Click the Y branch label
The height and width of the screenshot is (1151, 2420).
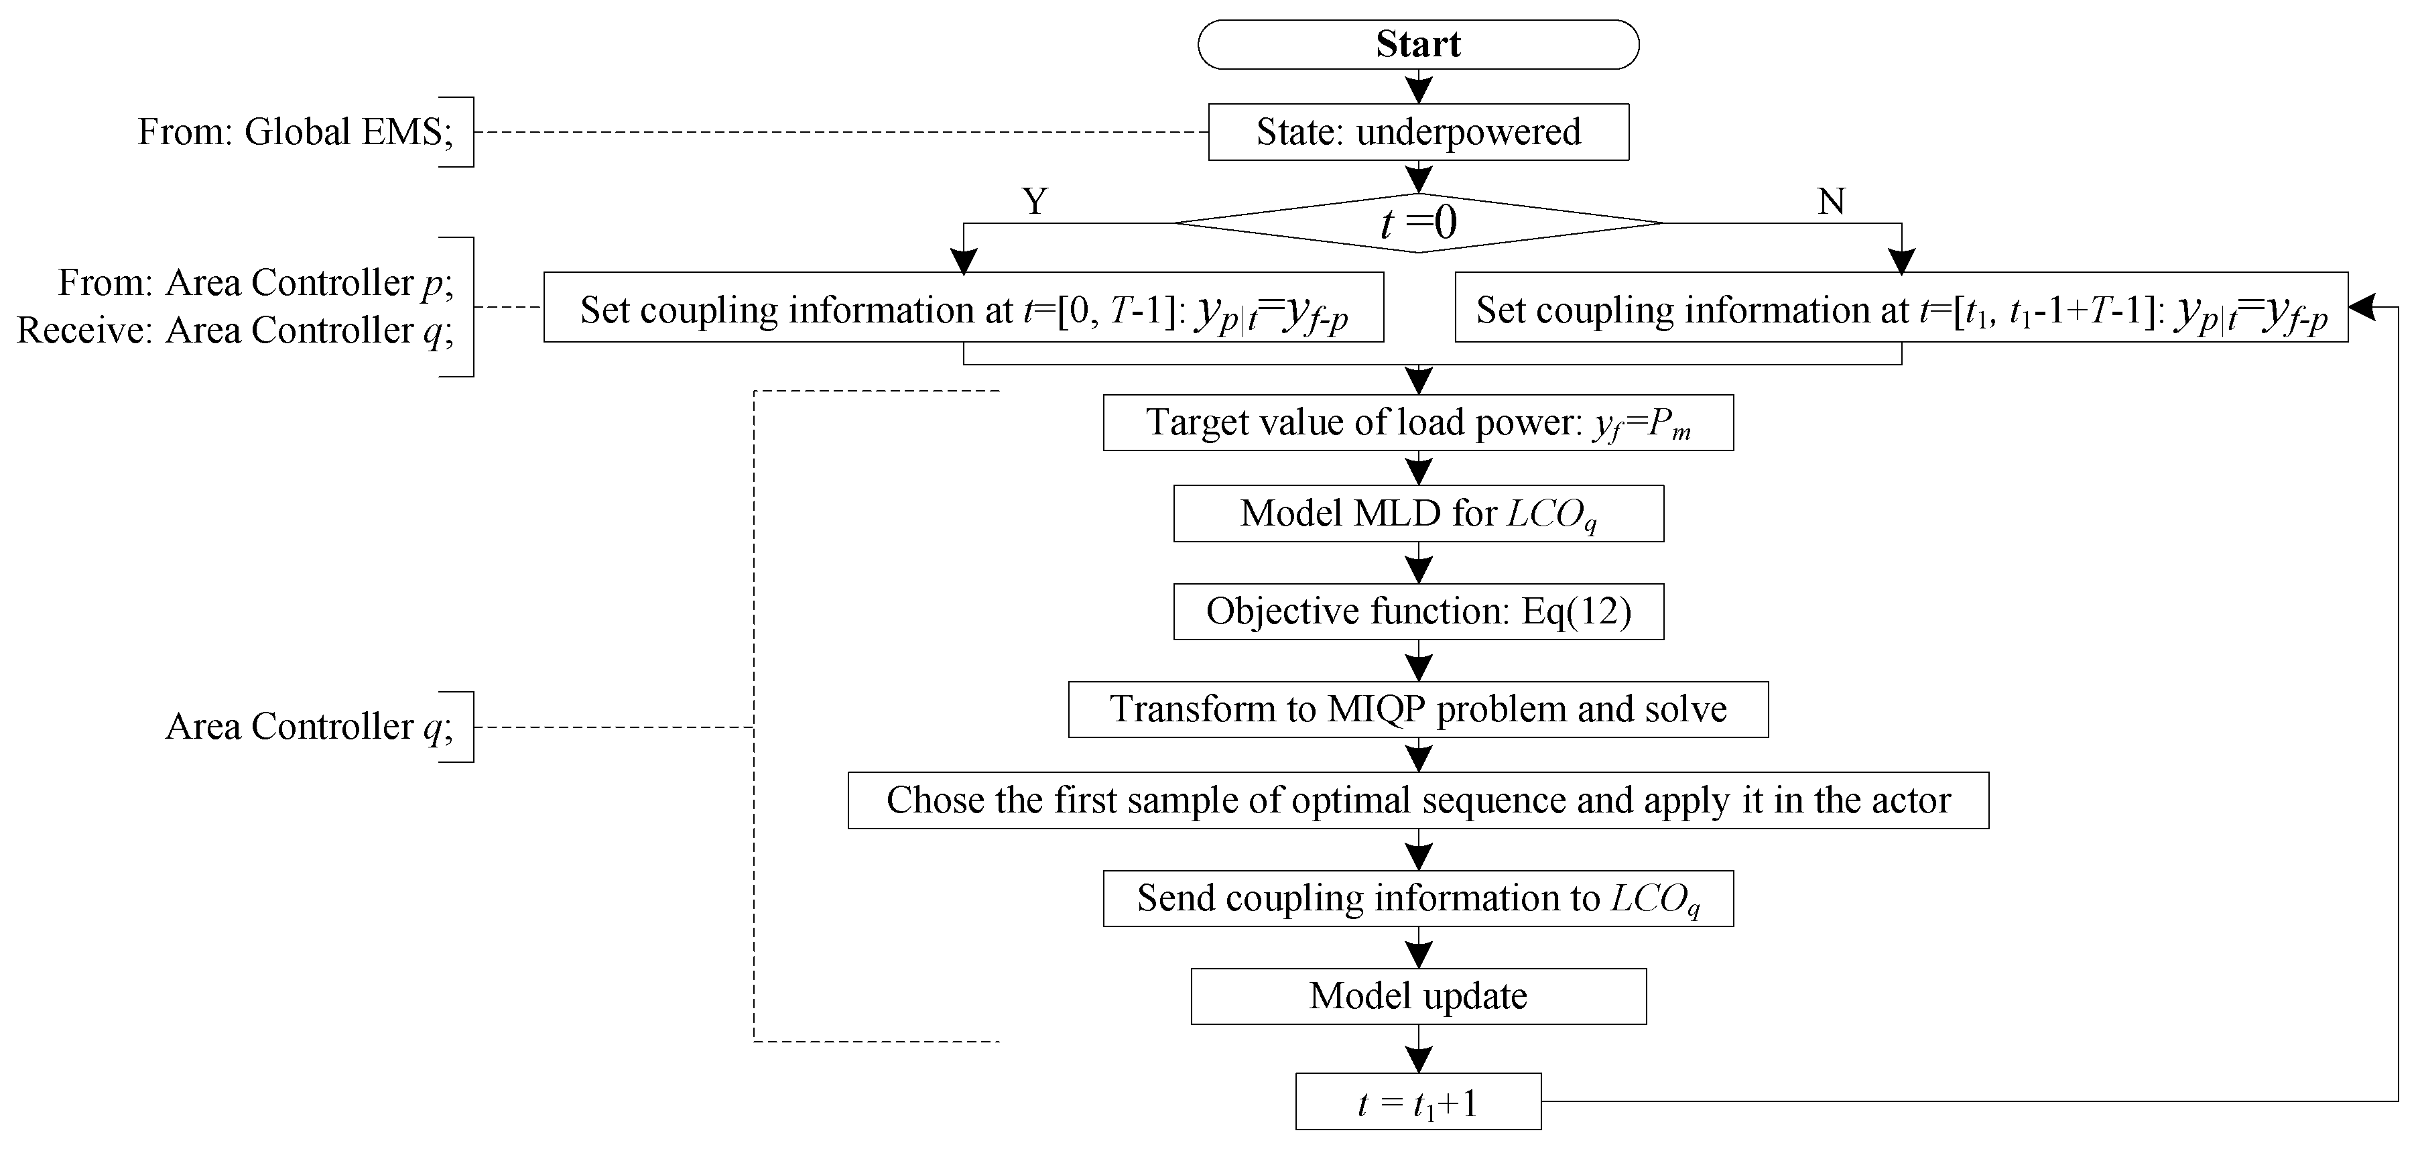[1034, 201]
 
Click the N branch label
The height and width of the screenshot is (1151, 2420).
[1832, 201]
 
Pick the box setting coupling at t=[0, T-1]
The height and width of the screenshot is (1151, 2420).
[964, 307]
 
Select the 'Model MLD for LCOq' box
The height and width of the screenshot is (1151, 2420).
[1419, 513]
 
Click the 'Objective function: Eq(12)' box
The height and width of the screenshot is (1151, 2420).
[1419, 611]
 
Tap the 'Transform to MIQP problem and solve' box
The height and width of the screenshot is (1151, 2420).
[1419, 709]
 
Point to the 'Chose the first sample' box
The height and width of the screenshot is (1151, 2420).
[1419, 800]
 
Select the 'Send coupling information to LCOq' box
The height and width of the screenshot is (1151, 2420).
[1419, 899]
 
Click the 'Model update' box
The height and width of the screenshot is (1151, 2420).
[1419, 996]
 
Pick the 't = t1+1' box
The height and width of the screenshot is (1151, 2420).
[1419, 1101]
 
